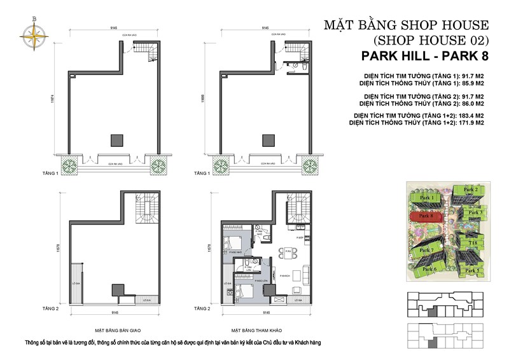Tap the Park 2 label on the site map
tap(471, 190)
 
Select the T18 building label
tap(473, 242)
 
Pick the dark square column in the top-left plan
tap(116, 140)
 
